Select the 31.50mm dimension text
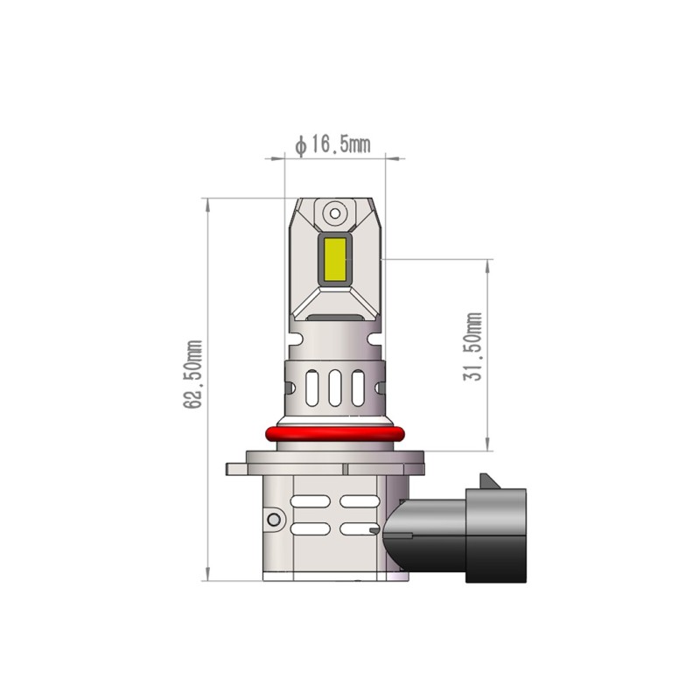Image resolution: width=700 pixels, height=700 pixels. coord(474,346)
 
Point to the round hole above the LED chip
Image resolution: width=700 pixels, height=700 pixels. coord(334,213)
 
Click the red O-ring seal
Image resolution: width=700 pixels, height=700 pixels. coord(335,434)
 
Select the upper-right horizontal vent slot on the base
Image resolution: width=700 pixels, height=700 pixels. coord(358,502)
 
